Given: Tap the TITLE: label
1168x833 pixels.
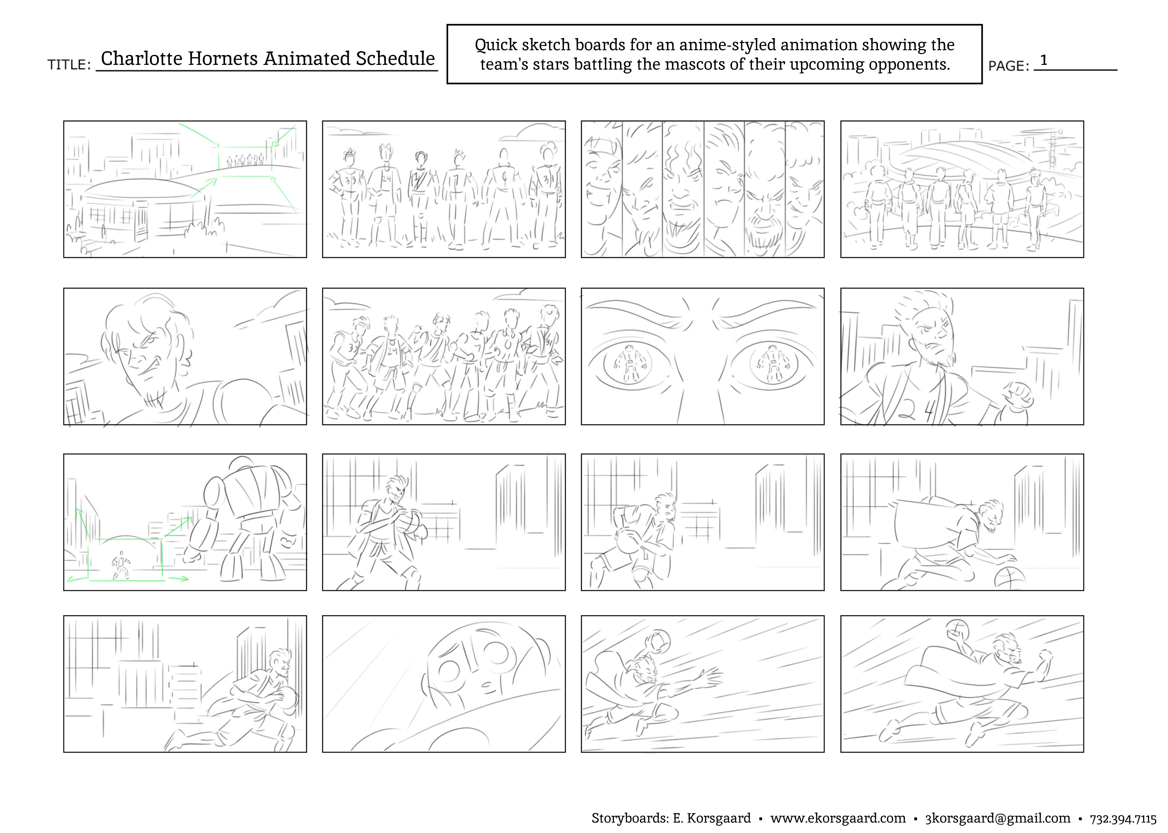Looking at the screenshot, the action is [x=69, y=65].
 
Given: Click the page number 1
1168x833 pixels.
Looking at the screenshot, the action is [x=1043, y=61].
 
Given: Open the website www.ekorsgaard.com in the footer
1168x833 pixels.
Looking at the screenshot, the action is [x=838, y=818].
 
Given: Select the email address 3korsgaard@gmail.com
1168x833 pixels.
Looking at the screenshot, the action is [x=998, y=818].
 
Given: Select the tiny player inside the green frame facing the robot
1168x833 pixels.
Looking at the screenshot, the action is [x=121, y=565].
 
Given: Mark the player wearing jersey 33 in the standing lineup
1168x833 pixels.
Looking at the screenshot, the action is [x=350, y=195].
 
